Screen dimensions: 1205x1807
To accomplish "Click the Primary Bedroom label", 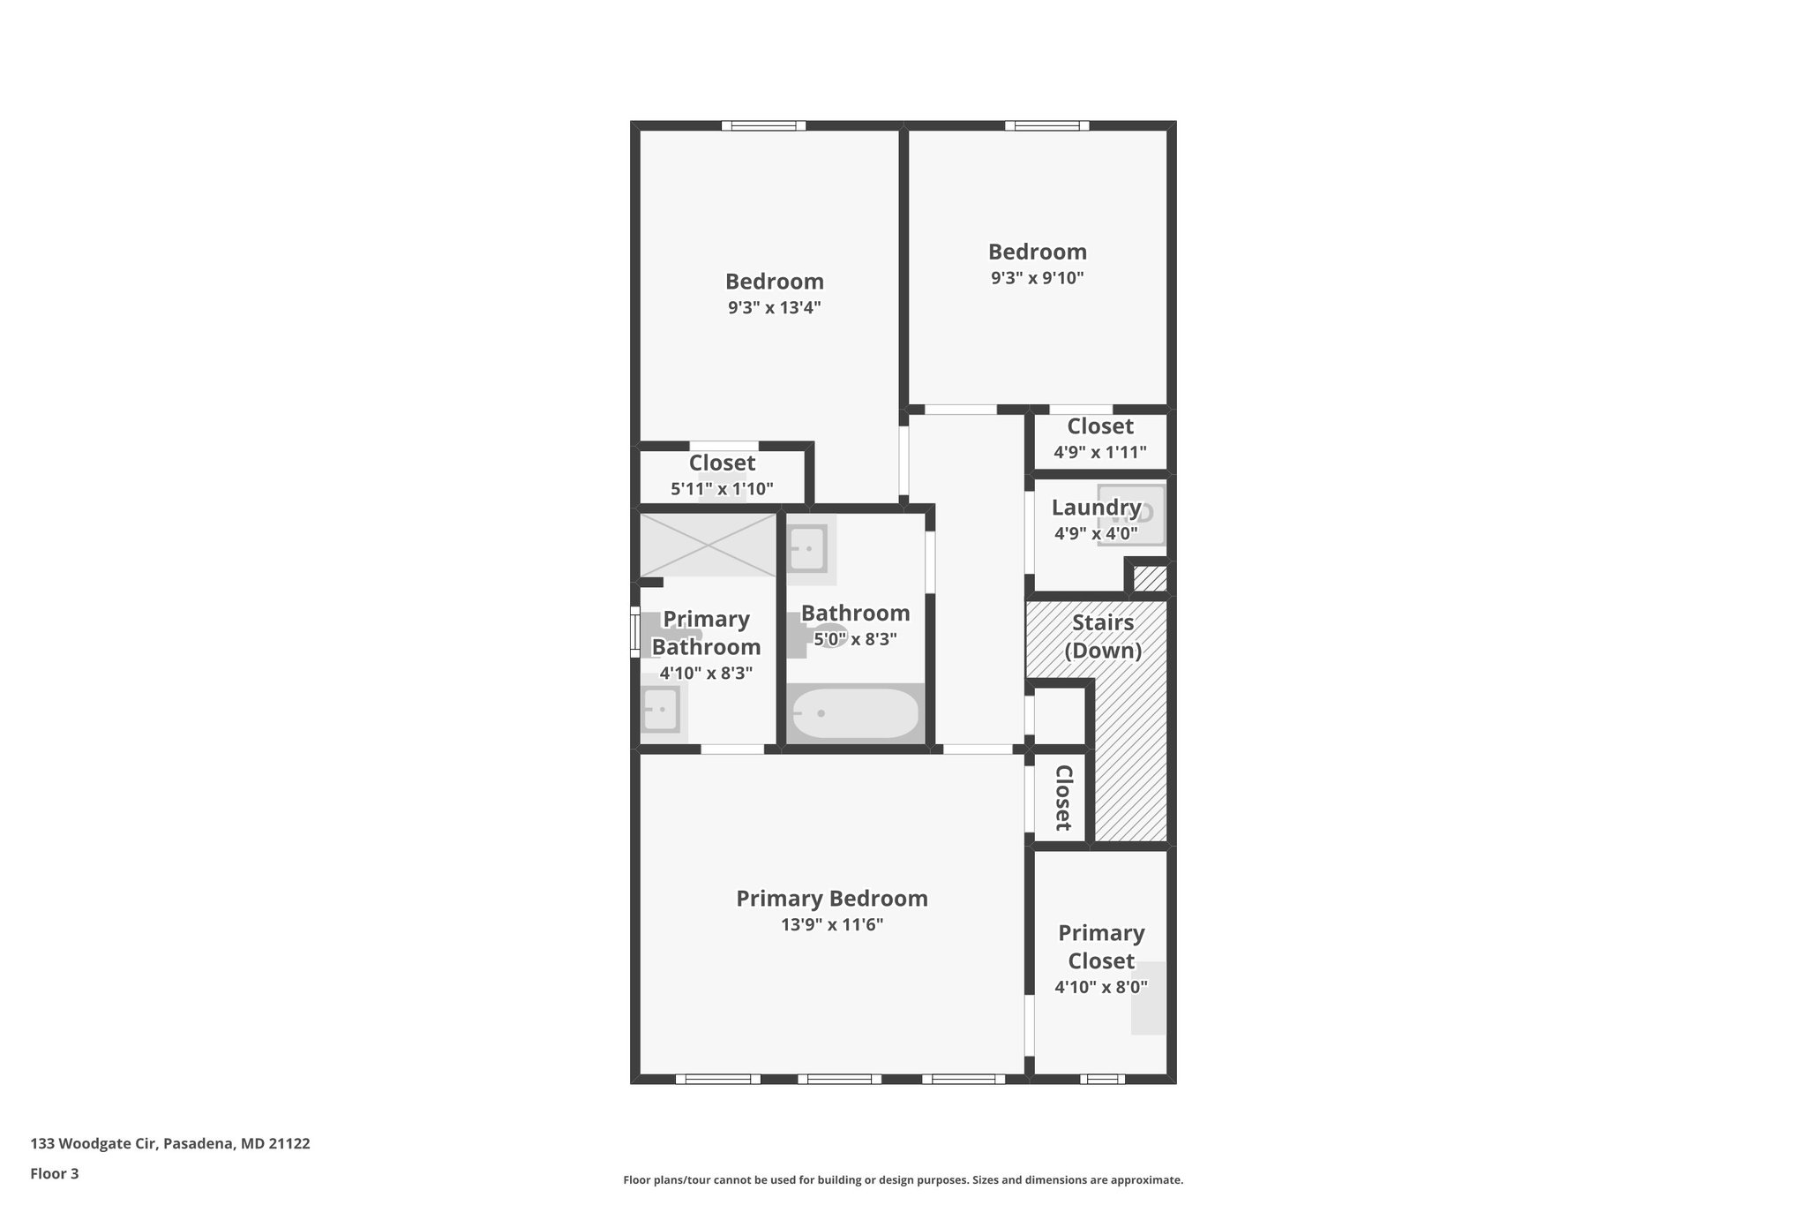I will [x=831, y=899].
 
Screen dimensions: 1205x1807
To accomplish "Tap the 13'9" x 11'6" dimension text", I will [x=831, y=925].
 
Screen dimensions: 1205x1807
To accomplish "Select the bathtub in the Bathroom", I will [x=854, y=713].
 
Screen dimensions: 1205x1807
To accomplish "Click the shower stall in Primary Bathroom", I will [x=708, y=545].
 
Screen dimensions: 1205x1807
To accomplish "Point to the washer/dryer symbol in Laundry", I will [x=1132, y=515].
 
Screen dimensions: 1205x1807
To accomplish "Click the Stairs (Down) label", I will [x=1102, y=636].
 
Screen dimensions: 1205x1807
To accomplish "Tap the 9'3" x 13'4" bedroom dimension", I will [x=774, y=308].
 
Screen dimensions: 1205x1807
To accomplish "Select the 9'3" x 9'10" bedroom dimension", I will [x=1037, y=278].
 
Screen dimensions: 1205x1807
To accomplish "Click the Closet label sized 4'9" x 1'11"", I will [x=1099, y=426].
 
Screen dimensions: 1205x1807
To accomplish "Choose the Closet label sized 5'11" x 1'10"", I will [x=722, y=463].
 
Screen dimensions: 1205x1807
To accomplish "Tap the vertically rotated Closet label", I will [x=1063, y=798].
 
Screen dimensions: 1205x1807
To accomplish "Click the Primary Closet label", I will [x=1101, y=946].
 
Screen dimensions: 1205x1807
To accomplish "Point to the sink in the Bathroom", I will [x=806, y=548].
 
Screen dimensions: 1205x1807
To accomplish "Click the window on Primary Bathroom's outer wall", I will [x=634, y=631].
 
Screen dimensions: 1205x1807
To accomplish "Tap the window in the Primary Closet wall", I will [x=1102, y=1079].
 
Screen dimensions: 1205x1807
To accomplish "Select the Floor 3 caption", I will [x=55, y=1174].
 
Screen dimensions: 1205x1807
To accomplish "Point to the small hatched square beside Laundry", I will [x=1150, y=579].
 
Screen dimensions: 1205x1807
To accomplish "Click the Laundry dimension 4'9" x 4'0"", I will [x=1096, y=534].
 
